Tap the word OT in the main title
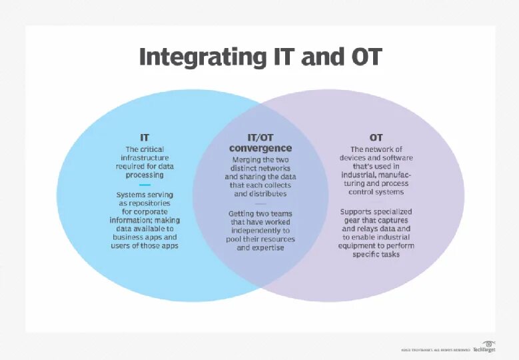tap(365, 57)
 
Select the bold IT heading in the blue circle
tap(145, 137)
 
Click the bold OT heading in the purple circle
tap(376, 137)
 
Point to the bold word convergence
tap(260, 148)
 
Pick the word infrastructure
tap(145, 157)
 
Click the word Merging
tap(247, 160)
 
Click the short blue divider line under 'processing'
tap(145, 185)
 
